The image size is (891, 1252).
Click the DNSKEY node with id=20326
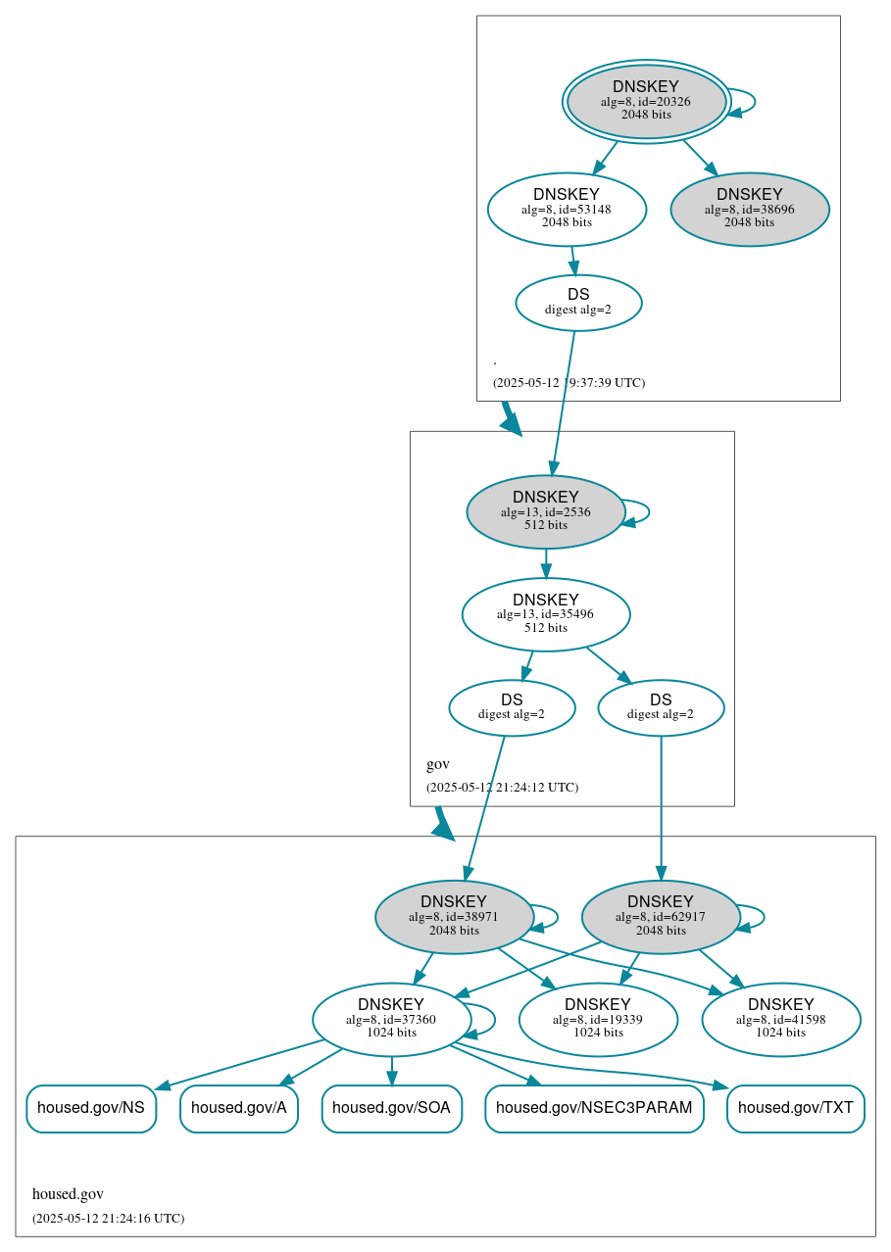(x=646, y=101)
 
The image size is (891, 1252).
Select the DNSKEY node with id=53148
(x=567, y=209)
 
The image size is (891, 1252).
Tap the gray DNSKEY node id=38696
(x=750, y=209)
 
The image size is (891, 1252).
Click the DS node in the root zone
(x=578, y=303)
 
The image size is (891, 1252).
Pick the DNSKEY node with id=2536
(x=546, y=511)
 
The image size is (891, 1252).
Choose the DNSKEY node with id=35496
(x=546, y=614)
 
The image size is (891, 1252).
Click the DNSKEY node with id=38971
(x=454, y=917)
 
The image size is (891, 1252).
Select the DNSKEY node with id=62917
(x=661, y=917)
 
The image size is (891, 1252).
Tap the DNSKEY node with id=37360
(x=391, y=1020)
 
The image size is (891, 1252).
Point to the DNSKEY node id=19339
(x=598, y=1020)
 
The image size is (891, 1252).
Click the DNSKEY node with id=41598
(x=781, y=1020)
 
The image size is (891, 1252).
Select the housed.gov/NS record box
(x=91, y=1108)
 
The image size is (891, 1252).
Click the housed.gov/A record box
(x=239, y=1108)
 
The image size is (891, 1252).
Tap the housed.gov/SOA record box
(x=392, y=1108)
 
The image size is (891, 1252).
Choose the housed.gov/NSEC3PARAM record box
(x=594, y=1108)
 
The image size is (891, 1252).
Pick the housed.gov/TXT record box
(x=796, y=1108)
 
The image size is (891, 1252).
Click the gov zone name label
(x=438, y=764)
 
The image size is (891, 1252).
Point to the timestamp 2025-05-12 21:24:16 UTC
(x=108, y=1218)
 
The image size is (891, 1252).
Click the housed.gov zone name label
(x=68, y=1194)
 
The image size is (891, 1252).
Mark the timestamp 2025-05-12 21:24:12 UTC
(x=502, y=787)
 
